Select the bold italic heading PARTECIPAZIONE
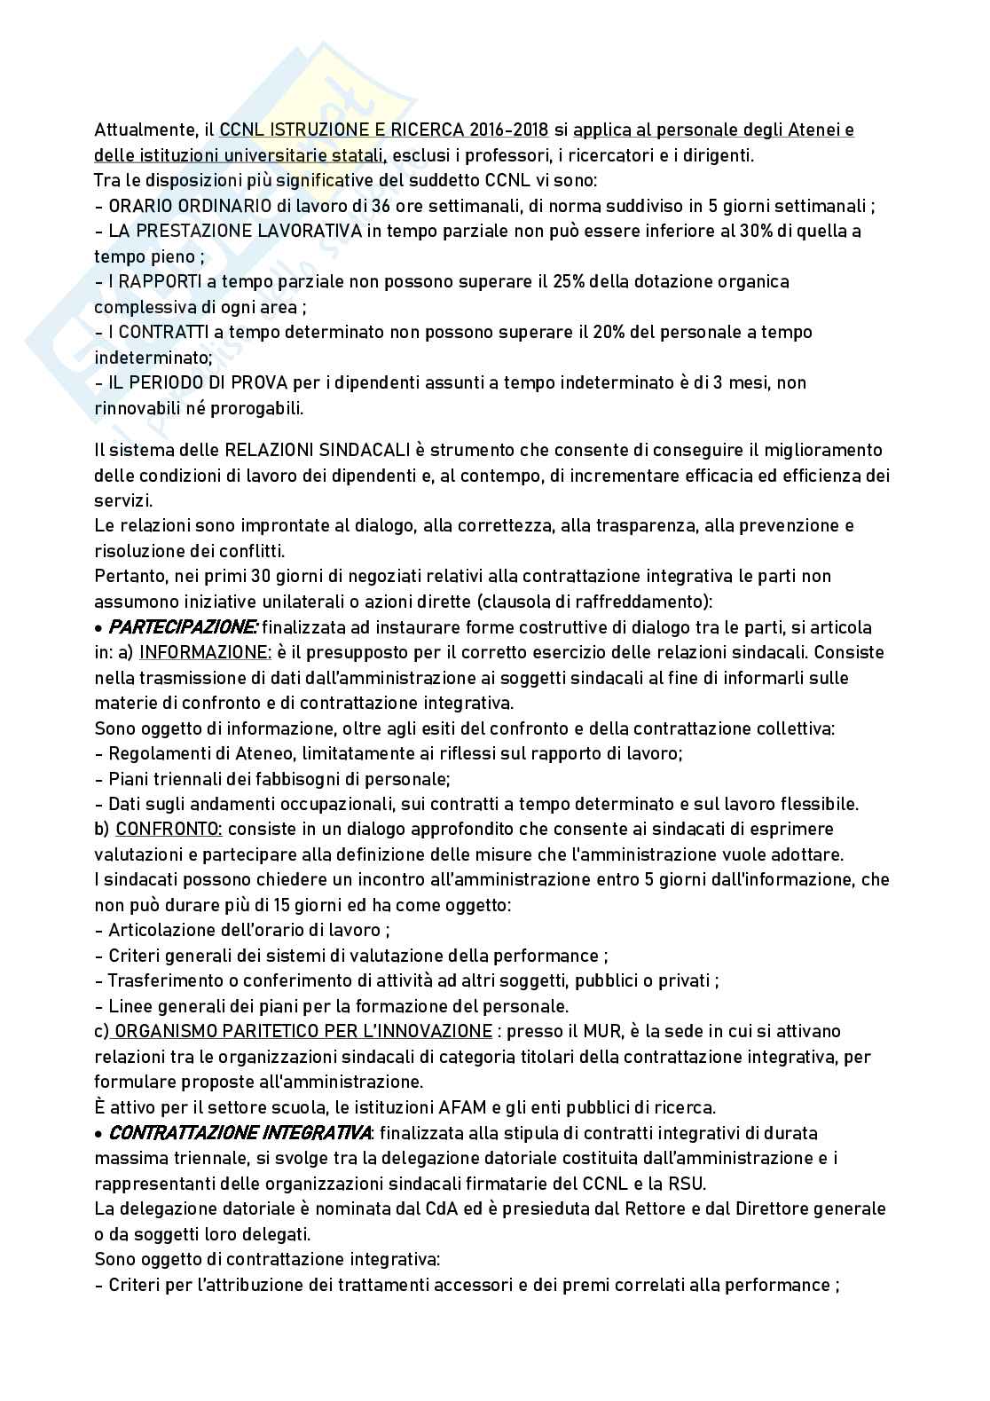(183, 627)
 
